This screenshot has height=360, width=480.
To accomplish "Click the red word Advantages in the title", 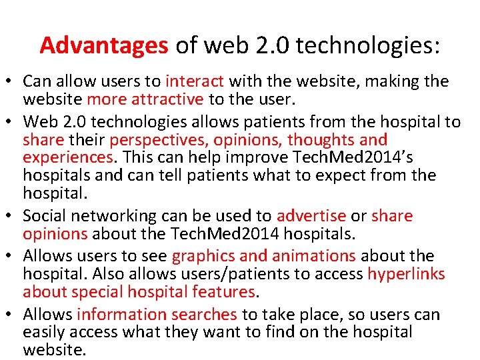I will (104, 45).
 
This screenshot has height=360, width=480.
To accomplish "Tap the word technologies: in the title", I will (368, 45).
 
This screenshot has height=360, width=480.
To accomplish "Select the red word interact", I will (195, 82).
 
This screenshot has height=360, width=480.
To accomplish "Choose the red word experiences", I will (68, 158).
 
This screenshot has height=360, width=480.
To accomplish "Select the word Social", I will (44, 216).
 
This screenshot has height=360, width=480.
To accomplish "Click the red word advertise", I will (311, 216).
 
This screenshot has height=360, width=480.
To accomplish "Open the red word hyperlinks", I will (406, 274).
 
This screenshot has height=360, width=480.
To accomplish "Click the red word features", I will (225, 292).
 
